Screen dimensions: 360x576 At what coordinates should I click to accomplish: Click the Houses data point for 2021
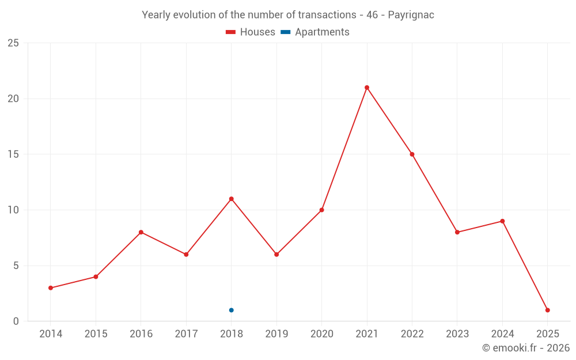pyautogui.click(x=367, y=88)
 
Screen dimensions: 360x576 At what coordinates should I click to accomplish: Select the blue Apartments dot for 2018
pyautogui.click(x=231, y=310)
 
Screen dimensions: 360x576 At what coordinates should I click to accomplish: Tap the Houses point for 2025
pyautogui.click(x=548, y=310)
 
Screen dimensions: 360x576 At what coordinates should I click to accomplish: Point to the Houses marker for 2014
pyautogui.click(x=51, y=288)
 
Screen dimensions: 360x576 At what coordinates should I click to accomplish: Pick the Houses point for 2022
pyautogui.click(x=412, y=154)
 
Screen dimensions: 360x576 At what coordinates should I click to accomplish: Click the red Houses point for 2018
pyautogui.click(x=231, y=199)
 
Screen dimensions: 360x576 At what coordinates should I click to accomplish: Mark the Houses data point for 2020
pyautogui.click(x=321, y=210)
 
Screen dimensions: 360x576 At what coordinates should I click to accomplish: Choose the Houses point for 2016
pyautogui.click(x=141, y=232)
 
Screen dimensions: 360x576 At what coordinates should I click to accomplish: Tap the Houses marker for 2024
pyautogui.click(x=502, y=221)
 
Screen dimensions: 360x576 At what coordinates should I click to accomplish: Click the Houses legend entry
pyautogui.click(x=251, y=32)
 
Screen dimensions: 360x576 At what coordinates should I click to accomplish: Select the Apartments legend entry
pyautogui.click(x=315, y=32)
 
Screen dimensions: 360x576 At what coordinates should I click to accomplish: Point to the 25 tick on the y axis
pyautogui.click(x=13, y=43)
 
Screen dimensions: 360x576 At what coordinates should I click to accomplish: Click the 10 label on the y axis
pyautogui.click(x=13, y=210)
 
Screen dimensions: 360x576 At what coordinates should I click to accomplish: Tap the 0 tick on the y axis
pyautogui.click(x=16, y=321)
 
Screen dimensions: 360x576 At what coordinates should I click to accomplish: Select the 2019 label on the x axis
pyautogui.click(x=276, y=334)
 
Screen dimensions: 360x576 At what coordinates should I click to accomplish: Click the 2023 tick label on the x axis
pyautogui.click(x=457, y=334)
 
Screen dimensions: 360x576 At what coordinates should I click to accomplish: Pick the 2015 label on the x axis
pyautogui.click(x=96, y=334)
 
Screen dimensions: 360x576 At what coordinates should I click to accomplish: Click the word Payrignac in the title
pyautogui.click(x=411, y=15)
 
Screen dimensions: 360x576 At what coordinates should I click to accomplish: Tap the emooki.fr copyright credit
pyautogui.click(x=526, y=348)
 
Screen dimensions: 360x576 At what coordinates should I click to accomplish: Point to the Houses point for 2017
pyautogui.click(x=186, y=255)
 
